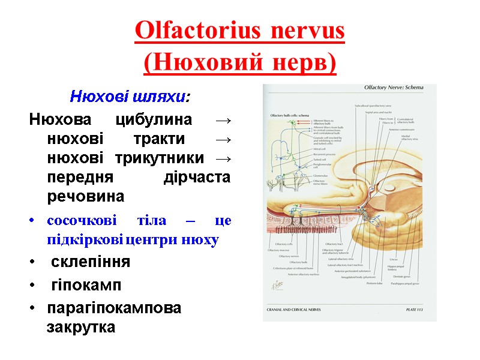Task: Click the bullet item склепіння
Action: point(90,262)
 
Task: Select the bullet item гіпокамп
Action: point(86,285)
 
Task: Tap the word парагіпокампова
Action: point(114,308)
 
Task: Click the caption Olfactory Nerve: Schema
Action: point(394,88)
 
